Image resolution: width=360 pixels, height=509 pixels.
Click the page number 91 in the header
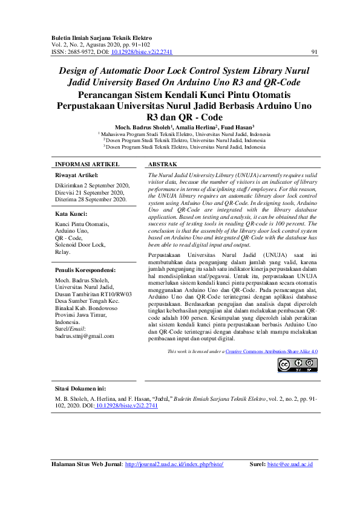(x=314, y=52)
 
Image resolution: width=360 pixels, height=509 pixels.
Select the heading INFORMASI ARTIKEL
(x=87, y=164)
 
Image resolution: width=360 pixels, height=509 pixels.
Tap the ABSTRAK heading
(x=162, y=164)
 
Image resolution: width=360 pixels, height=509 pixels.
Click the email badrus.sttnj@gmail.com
(x=85, y=336)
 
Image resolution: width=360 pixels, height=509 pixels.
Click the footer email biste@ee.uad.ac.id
(x=290, y=464)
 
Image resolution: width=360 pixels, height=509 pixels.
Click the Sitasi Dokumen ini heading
(x=80, y=388)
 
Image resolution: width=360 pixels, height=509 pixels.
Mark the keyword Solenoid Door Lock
(x=80, y=244)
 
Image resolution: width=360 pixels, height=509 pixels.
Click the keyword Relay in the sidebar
(x=63, y=251)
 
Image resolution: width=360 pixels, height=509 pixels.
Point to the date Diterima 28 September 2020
(x=91, y=199)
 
